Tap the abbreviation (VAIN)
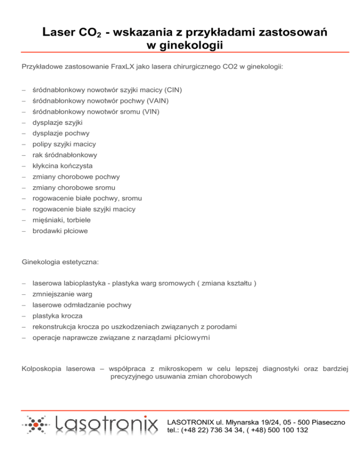(x=157, y=100)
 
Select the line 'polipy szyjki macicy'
(x=64, y=144)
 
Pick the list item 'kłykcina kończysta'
(x=62, y=166)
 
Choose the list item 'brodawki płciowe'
(x=60, y=231)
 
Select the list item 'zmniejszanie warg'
(x=62, y=294)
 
